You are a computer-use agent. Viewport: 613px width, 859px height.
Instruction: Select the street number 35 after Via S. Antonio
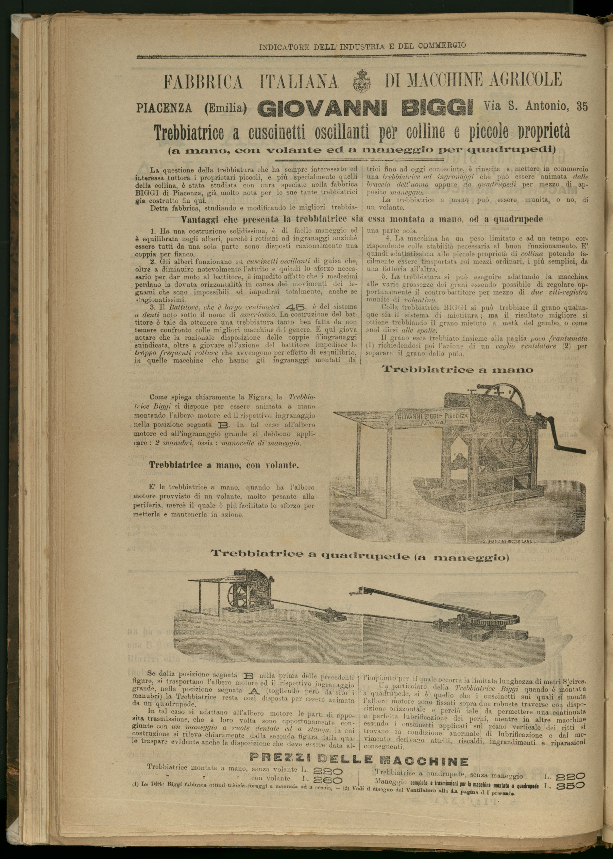582,107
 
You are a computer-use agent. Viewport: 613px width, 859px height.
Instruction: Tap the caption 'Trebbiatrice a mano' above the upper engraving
458,369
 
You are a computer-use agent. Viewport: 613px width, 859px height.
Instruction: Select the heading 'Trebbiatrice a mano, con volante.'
224,465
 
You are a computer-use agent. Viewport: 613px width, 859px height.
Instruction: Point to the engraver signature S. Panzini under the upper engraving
508,541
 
